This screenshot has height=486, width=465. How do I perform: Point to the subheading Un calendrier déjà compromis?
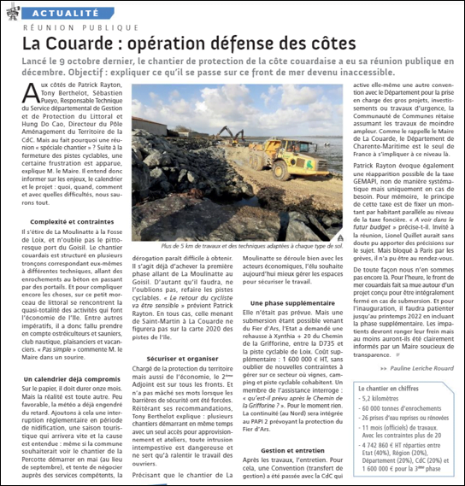click(x=71, y=378)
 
